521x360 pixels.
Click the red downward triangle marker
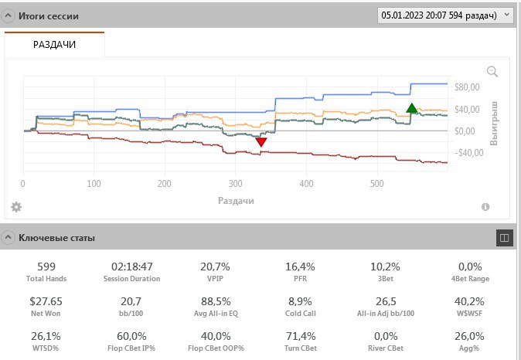point(261,141)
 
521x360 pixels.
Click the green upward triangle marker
point(412,109)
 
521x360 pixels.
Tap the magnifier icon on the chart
point(492,72)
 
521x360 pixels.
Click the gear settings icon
point(16,207)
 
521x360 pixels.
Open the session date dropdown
point(444,15)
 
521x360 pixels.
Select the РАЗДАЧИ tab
point(54,45)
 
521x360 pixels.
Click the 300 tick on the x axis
point(235,184)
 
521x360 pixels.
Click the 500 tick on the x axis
point(376,184)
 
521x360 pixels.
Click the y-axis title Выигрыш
point(495,124)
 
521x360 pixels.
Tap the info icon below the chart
point(485,207)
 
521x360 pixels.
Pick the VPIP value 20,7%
point(216,267)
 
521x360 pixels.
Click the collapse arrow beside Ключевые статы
point(8,237)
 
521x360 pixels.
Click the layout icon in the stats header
point(504,238)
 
